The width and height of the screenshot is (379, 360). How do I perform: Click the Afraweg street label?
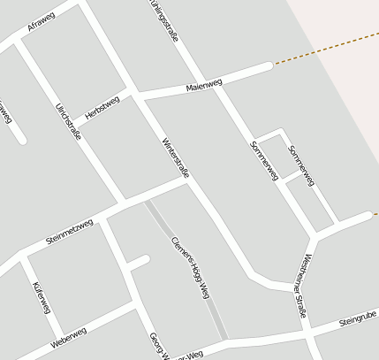[41, 24]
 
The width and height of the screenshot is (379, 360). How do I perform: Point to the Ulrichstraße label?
[68, 122]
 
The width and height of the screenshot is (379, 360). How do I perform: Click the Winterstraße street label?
[175, 158]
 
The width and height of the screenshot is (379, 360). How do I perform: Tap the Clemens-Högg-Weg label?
[190, 267]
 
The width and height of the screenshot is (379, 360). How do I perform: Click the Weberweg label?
[69, 336]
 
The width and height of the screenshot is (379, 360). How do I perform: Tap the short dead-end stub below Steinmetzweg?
[137, 262]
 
